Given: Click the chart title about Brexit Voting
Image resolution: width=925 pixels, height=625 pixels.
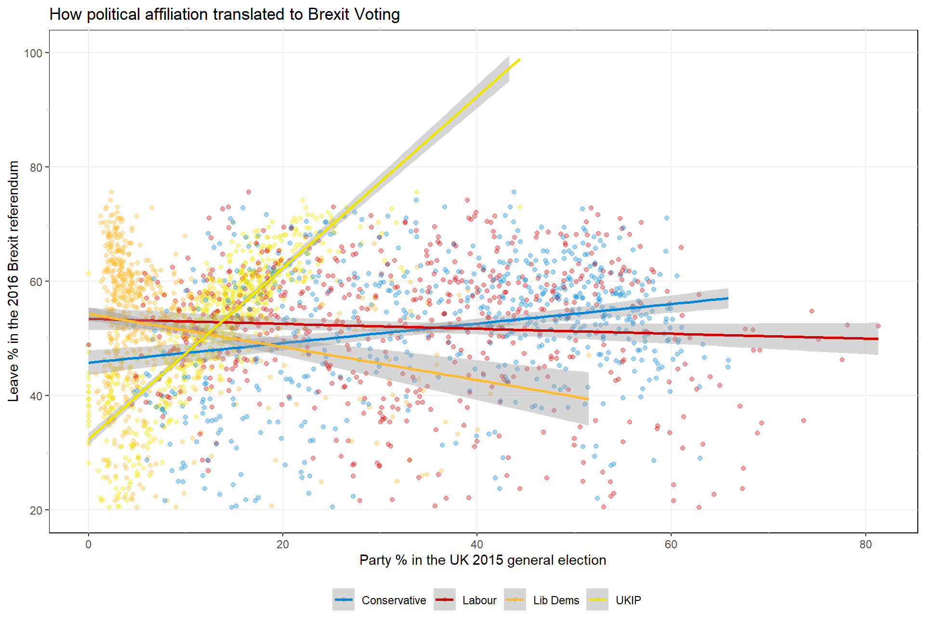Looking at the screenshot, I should (x=225, y=14).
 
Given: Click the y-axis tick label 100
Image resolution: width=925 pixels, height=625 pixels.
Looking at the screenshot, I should (x=33, y=53).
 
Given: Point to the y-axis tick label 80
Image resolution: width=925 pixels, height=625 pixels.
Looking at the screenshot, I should (x=36, y=167).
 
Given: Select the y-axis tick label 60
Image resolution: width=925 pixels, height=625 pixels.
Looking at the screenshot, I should (x=36, y=282).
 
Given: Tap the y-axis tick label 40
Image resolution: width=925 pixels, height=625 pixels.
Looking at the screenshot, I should (x=36, y=396).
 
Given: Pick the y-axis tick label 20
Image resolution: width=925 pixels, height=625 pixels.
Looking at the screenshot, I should (x=36, y=510).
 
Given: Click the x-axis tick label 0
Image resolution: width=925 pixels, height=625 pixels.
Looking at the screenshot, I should (x=89, y=544).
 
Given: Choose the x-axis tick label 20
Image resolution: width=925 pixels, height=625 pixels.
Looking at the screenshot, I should (x=283, y=544).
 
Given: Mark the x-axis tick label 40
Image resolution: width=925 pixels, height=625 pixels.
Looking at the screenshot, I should (x=477, y=544).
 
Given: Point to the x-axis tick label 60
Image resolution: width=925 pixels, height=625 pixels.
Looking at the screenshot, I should (x=671, y=544).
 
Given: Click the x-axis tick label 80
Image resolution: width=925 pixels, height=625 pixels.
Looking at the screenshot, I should (x=866, y=544).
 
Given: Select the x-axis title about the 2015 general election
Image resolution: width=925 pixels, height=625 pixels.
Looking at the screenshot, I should (x=483, y=560).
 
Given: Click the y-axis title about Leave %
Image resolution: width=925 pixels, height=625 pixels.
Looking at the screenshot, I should (x=13, y=281).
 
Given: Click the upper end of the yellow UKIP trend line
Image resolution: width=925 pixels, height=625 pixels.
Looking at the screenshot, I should (x=519, y=59).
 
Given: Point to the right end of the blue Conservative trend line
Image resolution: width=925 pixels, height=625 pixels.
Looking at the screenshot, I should (x=727, y=299).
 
